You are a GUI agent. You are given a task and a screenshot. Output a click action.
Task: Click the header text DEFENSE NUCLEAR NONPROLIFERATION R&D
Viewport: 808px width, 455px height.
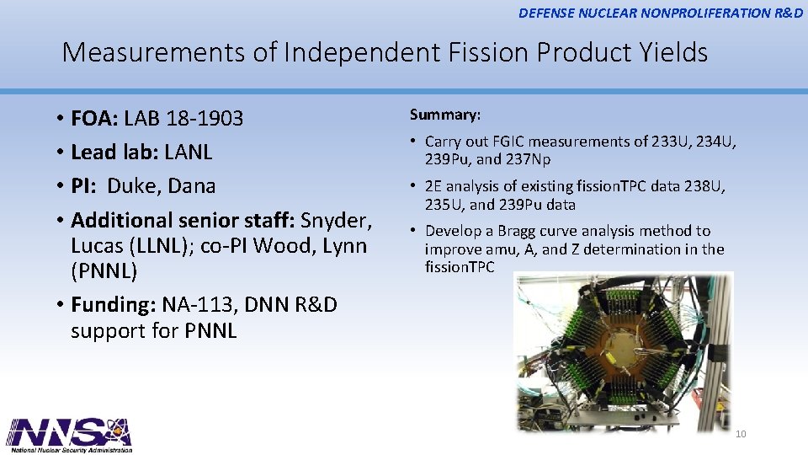661,13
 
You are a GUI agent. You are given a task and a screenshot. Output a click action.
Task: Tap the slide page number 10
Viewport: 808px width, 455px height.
741,434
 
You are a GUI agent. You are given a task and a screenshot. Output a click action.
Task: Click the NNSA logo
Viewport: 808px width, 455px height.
70,435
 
